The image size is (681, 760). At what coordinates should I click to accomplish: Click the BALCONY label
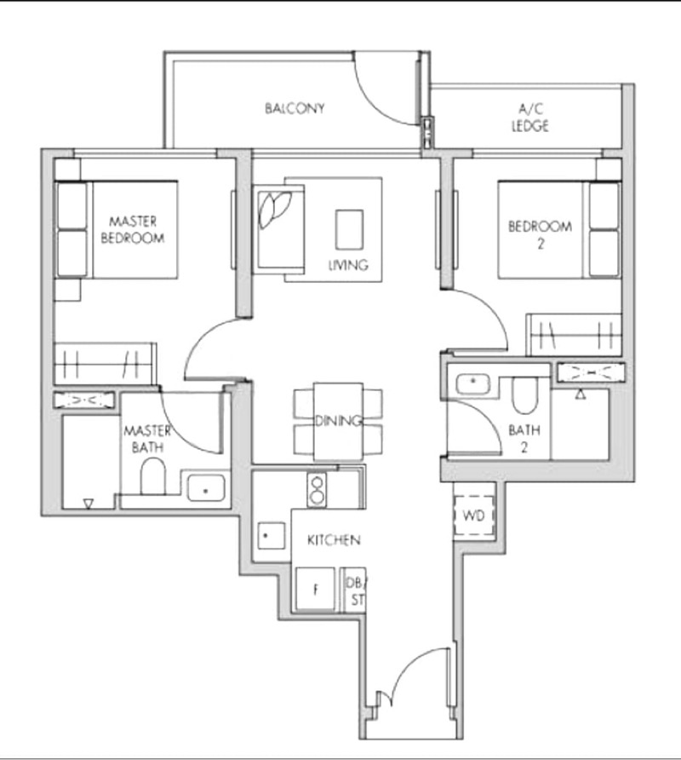(295, 108)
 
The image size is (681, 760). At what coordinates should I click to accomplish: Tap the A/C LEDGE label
(530, 118)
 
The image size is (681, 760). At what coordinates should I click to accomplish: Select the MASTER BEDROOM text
(133, 230)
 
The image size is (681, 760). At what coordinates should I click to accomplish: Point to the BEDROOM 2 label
(540, 234)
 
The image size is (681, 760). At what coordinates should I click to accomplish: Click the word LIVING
(348, 265)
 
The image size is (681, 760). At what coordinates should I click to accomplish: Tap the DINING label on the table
(338, 421)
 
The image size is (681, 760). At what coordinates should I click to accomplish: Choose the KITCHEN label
(335, 540)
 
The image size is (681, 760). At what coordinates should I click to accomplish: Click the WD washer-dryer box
(473, 515)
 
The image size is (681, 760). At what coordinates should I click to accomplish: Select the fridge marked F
(315, 589)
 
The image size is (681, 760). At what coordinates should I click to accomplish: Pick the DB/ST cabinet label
(356, 591)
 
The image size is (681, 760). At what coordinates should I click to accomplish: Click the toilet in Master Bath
(153, 476)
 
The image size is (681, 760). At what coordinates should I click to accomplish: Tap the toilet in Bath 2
(525, 395)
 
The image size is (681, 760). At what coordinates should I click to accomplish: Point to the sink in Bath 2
(473, 385)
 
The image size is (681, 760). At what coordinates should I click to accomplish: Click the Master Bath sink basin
(206, 488)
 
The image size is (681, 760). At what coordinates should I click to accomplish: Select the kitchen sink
(272, 535)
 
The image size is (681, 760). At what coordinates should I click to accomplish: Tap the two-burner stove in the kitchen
(317, 490)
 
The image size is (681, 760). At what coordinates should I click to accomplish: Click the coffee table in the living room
(349, 230)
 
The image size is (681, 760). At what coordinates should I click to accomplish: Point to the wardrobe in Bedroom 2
(574, 335)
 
